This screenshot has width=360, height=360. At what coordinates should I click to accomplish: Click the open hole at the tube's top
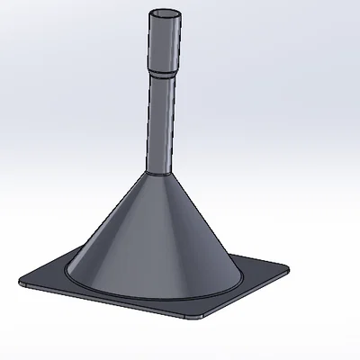coord(163,15)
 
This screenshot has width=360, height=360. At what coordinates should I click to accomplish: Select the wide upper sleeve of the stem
coord(163,45)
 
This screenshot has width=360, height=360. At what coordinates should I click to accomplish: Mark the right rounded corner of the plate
coord(285,266)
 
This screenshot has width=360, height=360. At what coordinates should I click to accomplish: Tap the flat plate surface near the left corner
coord(45,280)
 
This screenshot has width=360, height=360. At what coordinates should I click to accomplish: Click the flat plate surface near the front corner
coord(191,308)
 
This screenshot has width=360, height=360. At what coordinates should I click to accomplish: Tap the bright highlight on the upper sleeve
coord(154,45)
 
